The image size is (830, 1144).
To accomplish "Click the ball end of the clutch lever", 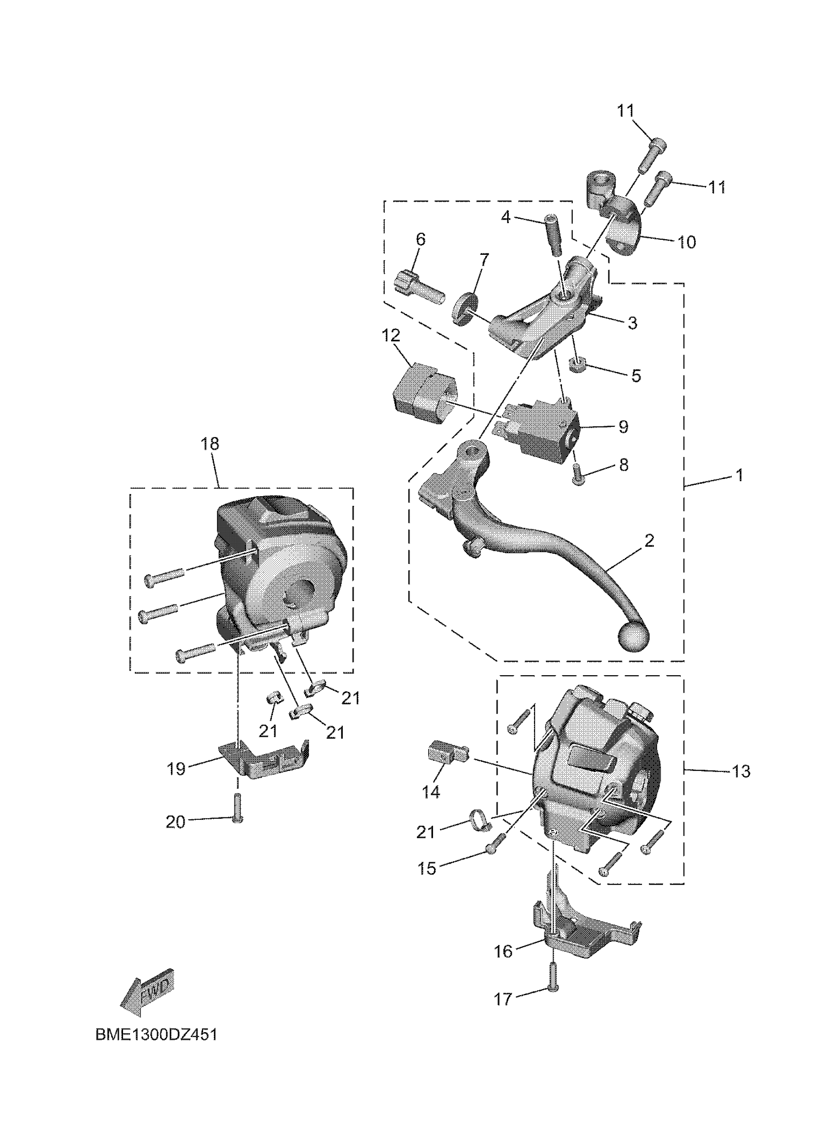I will [x=633, y=638].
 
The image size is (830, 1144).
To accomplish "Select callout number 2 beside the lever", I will [x=649, y=541].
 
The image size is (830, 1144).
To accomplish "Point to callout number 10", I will [x=687, y=242].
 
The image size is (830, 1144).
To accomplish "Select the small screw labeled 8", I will [x=579, y=475].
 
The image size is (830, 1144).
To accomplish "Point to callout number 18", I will [x=210, y=444].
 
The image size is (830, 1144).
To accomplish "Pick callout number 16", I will [x=503, y=951].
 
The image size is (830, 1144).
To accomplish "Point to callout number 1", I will [x=739, y=475].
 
